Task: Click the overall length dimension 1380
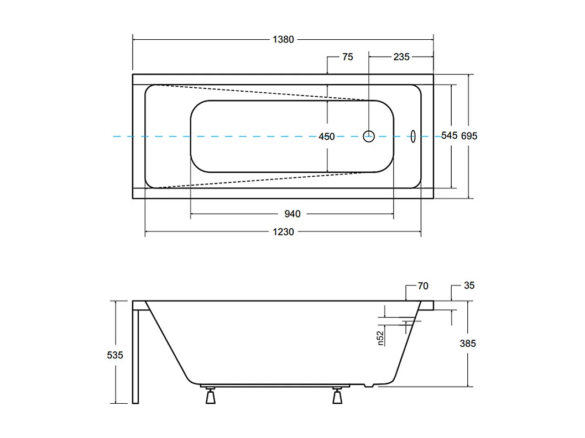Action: point(283,39)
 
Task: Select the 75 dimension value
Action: point(347,57)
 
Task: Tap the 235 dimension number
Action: point(401,57)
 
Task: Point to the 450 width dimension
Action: point(327,136)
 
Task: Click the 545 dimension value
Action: point(449,136)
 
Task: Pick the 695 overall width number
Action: point(469,136)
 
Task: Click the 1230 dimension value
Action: point(283,232)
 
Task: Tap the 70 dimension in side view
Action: point(423,286)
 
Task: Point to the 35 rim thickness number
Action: point(469,286)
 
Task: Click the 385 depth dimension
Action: point(467,344)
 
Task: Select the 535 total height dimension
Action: point(115,355)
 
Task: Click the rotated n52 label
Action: point(380,337)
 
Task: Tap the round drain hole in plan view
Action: point(369,135)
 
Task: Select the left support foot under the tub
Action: point(210,396)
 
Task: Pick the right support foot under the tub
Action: point(337,396)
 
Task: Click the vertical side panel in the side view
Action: point(137,353)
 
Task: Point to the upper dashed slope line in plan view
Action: point(260,92)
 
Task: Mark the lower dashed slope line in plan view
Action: point(260,180)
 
